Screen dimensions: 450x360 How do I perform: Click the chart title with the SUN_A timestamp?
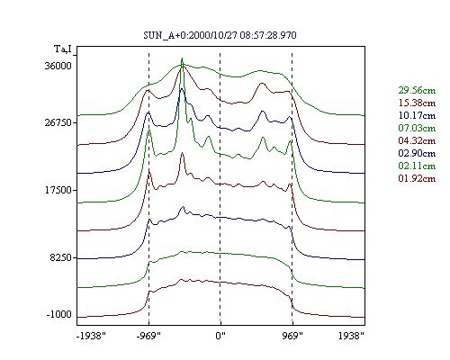click(220, 35)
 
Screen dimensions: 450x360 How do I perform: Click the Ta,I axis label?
click(63, 49)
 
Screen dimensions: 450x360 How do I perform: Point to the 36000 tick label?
click(58, 66)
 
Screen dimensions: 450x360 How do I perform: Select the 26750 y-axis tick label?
click(58, 122)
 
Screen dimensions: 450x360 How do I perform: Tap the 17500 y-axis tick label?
click(58, 190)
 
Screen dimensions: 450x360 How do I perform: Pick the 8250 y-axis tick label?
click(61, 257)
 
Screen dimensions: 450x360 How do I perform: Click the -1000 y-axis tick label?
click(58, 315)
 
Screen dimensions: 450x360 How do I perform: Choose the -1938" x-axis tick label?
click(91, 336)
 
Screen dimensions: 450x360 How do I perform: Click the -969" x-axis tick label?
click(148, 336)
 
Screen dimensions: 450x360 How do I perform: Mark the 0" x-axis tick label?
click(220, 336)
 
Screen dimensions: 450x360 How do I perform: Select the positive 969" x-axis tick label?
click(292, 336)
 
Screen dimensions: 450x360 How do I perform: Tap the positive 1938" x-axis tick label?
click(351, 336)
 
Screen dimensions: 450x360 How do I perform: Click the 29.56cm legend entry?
click(417, 90)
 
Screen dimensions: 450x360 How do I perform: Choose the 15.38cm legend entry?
click(417, 103)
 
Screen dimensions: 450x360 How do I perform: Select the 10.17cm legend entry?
click(417, 115)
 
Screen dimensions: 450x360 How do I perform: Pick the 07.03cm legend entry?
click(417, 128)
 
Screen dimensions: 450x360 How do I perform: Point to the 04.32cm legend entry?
click(417, 140)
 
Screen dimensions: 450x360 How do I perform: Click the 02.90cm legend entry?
click(417, 153)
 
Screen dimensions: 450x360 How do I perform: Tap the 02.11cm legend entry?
click(417, 166)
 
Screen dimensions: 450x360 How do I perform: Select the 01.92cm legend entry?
click(417, 178)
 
